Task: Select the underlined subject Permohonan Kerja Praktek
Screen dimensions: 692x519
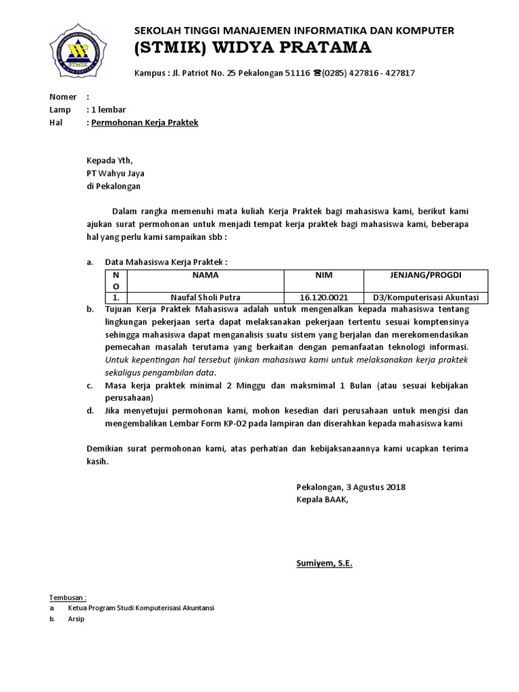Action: coord(144,122)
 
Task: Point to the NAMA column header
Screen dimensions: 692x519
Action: coord(205,276)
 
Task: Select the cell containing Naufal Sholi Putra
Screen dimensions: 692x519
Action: coord(205,297)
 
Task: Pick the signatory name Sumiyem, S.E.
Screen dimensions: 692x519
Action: coord(324,563)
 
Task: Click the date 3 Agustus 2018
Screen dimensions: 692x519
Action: coord(376,487)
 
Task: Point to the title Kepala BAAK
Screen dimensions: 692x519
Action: coord(322,499)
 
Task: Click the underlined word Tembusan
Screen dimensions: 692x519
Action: coord(68,597)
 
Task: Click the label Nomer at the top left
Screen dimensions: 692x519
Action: coord(63,97)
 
